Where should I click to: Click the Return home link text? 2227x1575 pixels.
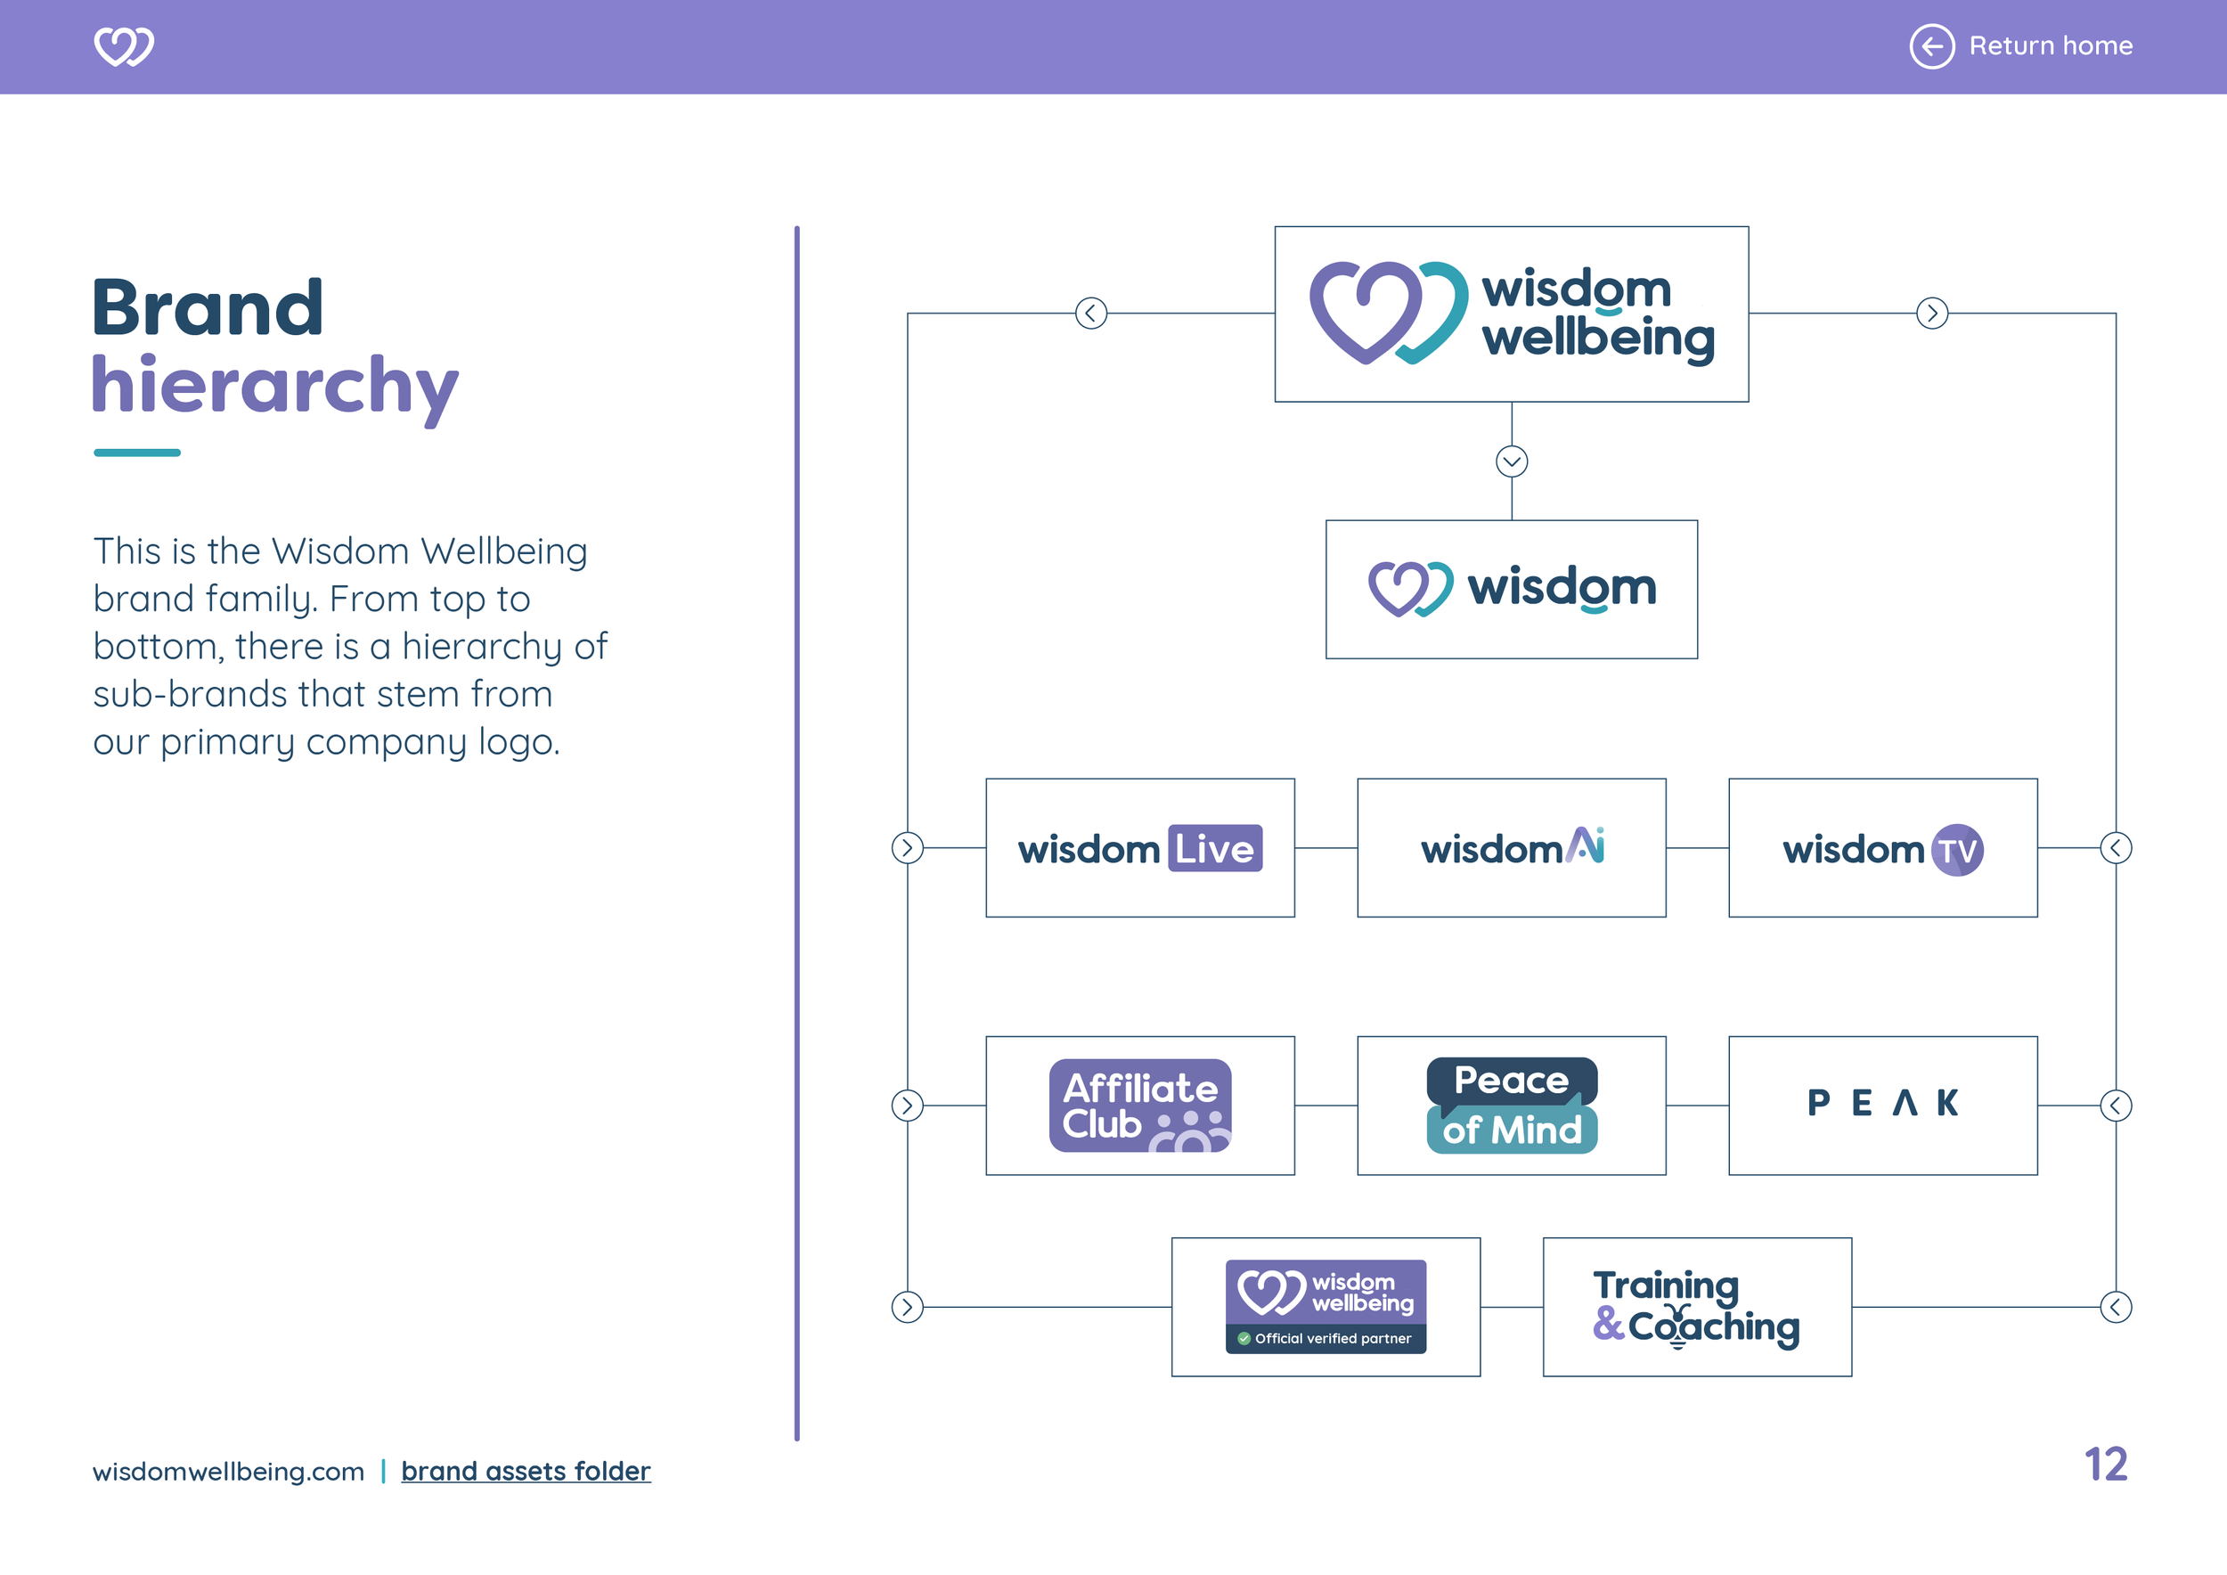2050,45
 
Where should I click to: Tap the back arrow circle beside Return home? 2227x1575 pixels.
1931,45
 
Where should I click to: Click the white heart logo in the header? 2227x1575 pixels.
123,45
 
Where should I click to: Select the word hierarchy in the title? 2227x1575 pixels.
274,386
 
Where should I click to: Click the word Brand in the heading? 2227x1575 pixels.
208,308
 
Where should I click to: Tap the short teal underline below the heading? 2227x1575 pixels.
137,453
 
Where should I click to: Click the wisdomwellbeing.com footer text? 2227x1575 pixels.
228,1472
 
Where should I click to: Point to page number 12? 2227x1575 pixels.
2105,1465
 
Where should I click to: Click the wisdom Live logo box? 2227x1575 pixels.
1139,847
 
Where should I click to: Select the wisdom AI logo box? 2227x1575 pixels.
1511,847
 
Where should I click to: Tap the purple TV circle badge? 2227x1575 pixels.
1957,851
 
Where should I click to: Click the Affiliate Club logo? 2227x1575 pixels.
1139,1106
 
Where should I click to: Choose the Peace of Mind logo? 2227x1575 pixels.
1511,1106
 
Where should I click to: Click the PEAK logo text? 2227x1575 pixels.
1882,1103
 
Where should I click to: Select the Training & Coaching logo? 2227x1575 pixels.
1695,1306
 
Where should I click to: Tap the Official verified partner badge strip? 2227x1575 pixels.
1325,1338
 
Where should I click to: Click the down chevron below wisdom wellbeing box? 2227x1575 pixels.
1511,461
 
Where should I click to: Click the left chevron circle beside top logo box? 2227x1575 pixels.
1091,314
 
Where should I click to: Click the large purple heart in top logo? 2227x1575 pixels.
1365,310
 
